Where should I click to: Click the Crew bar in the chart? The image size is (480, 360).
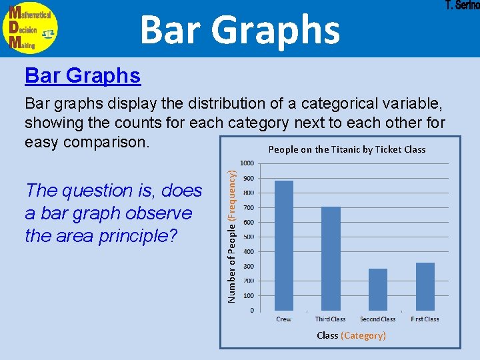pyautogui.click(x=283, y=245)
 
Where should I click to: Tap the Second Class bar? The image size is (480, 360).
pyautogui.click(x=378, y=289)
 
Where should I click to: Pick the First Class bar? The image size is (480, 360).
pyautogui.click(x=425, y=287)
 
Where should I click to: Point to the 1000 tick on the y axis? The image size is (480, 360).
pyautogui.click(x=247, y=163)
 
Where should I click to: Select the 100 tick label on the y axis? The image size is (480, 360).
pyautogui.click(x=247, y=296)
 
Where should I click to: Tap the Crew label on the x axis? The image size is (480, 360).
pyautogui.click(x=283, y=319)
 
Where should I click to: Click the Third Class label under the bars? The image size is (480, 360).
pyautogui.click(x=331, y=319)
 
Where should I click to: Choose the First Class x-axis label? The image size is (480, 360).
pyautogui.click(x=425, y=319)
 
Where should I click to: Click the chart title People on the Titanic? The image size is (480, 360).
pyautogui.click(x=347, y=149)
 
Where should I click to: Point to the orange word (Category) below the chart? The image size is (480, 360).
pyautogui.click(x=363, y=335)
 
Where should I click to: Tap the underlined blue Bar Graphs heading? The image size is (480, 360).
pyautogui.click(x=83, y=76)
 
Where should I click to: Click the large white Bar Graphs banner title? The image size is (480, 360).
pyautogui.click(x=240, y=29)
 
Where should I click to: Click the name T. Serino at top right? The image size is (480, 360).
pyautogui.click(x=461, y=6)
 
